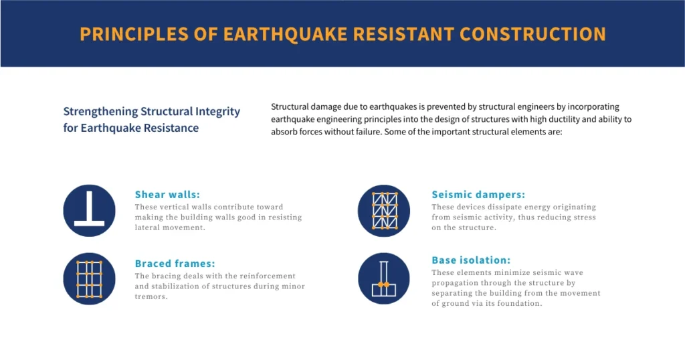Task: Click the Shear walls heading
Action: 167,195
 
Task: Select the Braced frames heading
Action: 175,264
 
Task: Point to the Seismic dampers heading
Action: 478,195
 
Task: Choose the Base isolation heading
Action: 471,260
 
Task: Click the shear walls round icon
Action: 89,211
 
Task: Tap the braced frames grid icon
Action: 89,279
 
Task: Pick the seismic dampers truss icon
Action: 384,211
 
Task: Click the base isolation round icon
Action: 384,279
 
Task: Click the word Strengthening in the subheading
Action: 100,112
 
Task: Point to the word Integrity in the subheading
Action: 216,112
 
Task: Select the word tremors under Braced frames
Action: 151,296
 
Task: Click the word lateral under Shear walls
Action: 147,228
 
